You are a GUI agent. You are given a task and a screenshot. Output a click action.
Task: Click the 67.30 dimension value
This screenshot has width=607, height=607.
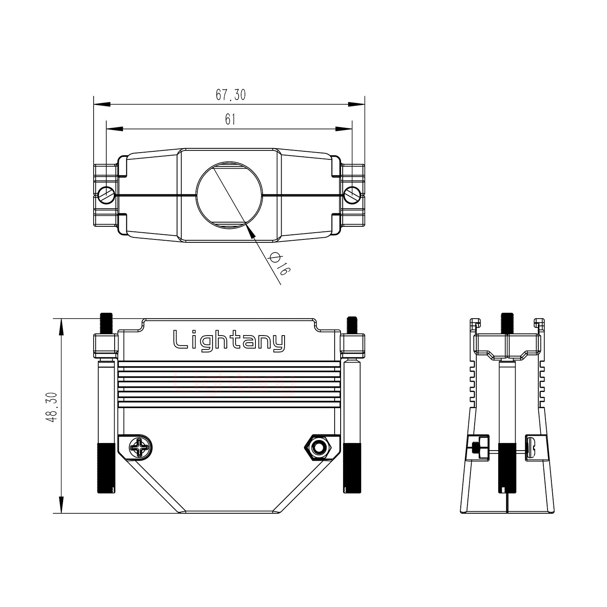pyautogui.click(x=231, y=95)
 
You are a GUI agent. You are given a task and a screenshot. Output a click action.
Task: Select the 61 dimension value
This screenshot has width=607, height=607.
pyautogui.click(x=230, y=120)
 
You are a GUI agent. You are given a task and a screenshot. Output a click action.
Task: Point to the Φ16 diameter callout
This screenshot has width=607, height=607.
pyautogui.click(x=278, y=263)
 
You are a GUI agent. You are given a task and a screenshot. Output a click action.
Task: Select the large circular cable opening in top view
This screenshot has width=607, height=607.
pyautogui.click(x=229, y=195)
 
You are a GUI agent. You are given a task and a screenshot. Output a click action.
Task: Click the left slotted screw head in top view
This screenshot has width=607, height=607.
pyautogui.click(x=106, y=195)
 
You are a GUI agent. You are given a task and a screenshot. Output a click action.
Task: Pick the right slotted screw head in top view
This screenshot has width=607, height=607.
pyautogui.click(x=352, y=195)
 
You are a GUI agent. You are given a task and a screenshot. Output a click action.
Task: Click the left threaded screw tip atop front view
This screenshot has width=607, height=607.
pyautogui.click(x=106, y=323)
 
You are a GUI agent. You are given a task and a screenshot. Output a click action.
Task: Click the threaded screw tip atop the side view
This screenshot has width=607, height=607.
pyautogui.click(x=507, y=323)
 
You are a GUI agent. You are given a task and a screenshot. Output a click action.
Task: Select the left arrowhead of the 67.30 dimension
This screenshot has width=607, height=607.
pyautogui.click(x=102, y=104)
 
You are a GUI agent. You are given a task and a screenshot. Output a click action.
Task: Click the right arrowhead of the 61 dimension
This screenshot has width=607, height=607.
pyautogui.click(x=344, y=129)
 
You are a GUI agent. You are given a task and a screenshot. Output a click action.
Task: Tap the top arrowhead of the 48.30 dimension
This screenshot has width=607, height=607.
pyautogui.click(x=62, y=327)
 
